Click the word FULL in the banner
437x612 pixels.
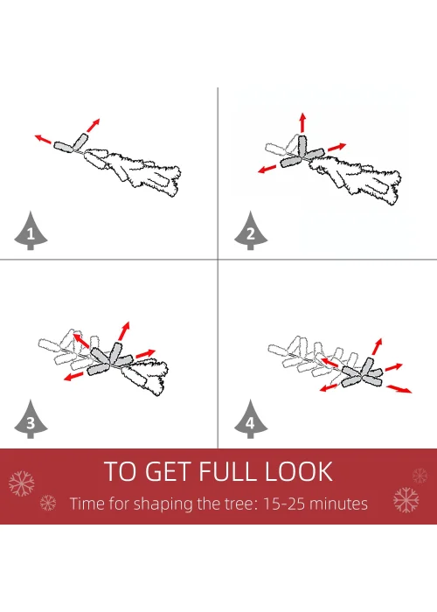(x=227, y=471)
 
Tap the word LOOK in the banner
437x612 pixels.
(x=299, y=471)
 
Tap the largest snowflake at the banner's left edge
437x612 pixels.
(x=22, y=483)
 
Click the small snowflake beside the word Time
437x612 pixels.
(x=48, y=503)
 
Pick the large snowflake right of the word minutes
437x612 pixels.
(x=406, y=499)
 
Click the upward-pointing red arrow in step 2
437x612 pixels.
(x=302, y=122)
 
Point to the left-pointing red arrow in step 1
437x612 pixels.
(x=43, y=138)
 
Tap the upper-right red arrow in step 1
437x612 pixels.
(x=93, y=125)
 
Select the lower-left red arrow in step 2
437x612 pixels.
(x=267, y=169)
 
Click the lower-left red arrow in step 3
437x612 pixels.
(x=73, y=376)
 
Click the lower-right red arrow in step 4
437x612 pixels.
(x=399, y=389)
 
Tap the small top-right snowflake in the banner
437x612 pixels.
(x=420, y=476)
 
